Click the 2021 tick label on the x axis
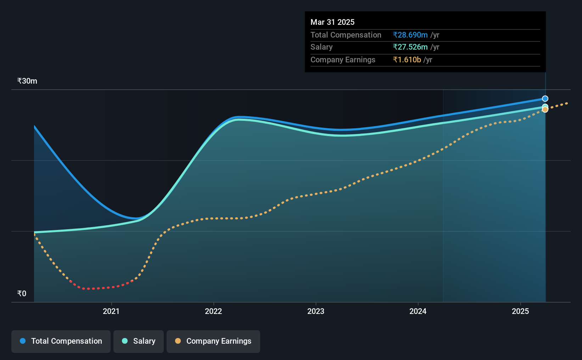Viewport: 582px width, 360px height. coord(111,311)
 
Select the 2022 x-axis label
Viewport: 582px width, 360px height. coord(213,311)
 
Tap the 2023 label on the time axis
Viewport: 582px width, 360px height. coord(316,311)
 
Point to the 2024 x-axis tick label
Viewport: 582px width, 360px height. coord(418,311)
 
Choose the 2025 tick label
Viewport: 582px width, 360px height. coord(520,311)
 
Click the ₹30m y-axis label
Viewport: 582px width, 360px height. coord(27,81)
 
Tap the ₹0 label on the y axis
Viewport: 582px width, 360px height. coord(22,293)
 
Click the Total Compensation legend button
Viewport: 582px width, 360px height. coord(61,341)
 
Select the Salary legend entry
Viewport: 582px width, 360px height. coord(139,341)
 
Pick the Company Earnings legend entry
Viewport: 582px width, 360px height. coord(213,341)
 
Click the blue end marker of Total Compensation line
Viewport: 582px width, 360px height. coord(545,99)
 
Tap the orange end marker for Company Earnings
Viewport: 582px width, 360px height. coord(545,109)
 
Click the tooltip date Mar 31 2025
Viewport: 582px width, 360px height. coord(332,22)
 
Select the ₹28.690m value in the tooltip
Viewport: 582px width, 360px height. coord(410,35)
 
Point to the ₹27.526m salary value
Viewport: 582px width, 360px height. coord(410,47)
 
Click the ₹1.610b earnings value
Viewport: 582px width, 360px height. coord(407,60)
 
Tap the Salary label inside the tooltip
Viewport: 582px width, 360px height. coord(321,47)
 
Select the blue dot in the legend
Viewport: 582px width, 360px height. coord(23,341)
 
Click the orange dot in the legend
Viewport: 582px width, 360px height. coord(178,341)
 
